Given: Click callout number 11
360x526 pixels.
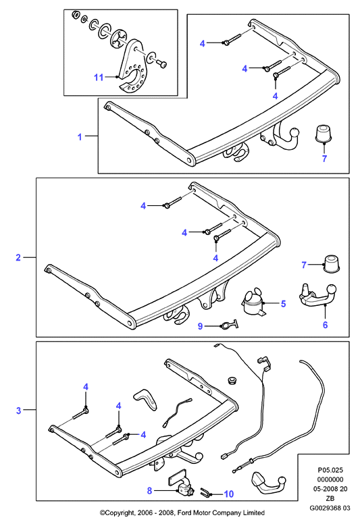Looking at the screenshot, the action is (99, 78).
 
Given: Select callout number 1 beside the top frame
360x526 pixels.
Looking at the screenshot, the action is (80, 137).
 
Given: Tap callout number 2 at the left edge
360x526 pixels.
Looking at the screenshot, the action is (18, 258).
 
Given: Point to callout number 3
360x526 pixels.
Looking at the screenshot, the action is (18, 411).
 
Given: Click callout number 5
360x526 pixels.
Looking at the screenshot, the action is (284, 304).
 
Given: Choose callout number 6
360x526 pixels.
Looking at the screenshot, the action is (325, 325).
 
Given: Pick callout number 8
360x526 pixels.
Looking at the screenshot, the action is (150, 491).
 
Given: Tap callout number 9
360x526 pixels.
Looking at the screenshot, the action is (200, 326).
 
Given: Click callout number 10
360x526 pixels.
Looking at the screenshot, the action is (228, 494).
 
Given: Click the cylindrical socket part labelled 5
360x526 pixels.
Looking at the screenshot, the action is (254, 303).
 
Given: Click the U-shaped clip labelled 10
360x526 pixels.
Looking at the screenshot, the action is (205, 492).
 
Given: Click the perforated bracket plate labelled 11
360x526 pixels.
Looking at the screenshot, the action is (132, 68).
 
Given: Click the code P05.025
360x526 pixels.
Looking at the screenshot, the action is (330, 471).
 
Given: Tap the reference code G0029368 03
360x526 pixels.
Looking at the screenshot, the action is (330, 508).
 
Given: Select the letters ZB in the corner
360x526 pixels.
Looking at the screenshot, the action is (330, 498).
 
